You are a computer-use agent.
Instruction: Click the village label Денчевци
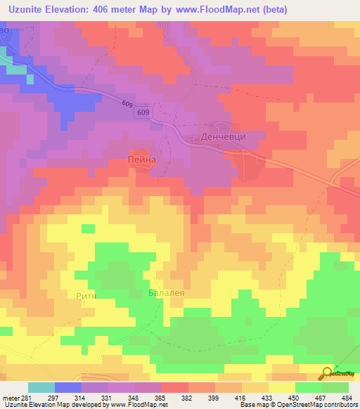(223, 136)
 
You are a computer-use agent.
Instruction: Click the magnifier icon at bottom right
(328, 374)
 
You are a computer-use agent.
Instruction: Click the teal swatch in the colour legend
(41, 387)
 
